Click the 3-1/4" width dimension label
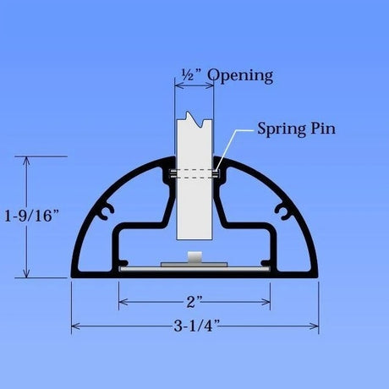[196, 326]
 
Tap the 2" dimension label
[194, 302]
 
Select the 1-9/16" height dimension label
[32, 216]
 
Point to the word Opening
[240, 76]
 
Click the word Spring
[282, 129]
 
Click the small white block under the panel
[194, 257]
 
